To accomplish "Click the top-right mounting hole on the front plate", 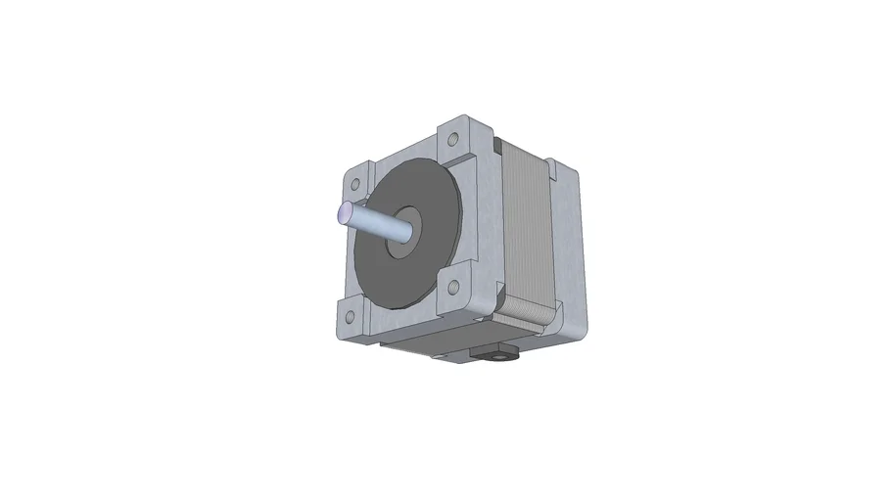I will [x=454, y=136].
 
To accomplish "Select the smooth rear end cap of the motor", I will [x=568, y=254].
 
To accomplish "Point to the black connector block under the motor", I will [x=494, y=352].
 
